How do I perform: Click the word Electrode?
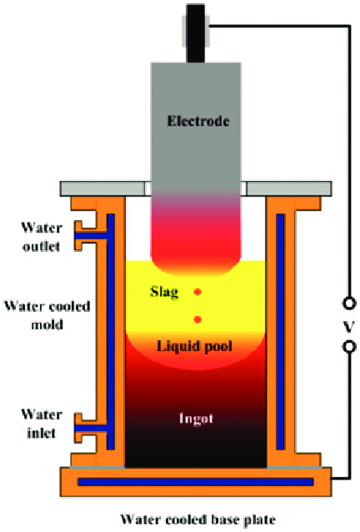[198, 121]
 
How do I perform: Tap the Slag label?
[164, 292]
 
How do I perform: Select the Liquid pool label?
[194, 346]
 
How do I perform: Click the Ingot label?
[196, 419]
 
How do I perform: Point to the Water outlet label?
[42, 237]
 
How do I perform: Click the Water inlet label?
[42, 424]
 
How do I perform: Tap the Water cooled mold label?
[47, 315]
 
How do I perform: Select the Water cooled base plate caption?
[198, 519]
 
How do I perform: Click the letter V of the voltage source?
[349, 326]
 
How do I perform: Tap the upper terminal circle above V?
[349, 304]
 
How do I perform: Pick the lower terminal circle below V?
[349, 347]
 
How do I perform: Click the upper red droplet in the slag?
[197, 292]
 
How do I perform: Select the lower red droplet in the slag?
[197, 319]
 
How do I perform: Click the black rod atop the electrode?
[196, 33]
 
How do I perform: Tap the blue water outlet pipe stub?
[91, 235]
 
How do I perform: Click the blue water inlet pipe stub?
[91, 428]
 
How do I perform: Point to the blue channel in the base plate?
[196, 482]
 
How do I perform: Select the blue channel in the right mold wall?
[280, 332]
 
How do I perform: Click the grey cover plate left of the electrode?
[102, 188]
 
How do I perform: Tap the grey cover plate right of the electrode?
[289, 188]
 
